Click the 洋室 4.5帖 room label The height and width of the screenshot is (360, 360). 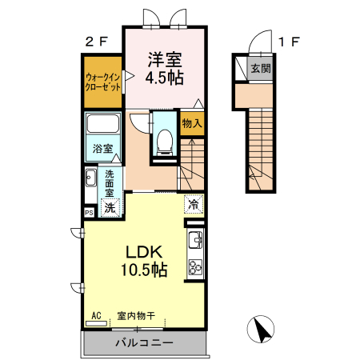165,69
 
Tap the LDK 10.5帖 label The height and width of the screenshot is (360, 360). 144,261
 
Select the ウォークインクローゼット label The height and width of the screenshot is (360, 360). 102,82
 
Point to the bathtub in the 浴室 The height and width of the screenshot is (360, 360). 102,124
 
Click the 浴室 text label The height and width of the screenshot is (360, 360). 102,149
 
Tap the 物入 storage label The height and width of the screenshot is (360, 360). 192,123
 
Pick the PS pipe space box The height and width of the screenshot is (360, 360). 89,213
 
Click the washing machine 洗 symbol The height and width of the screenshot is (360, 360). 110,207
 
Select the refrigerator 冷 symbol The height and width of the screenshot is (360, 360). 194,204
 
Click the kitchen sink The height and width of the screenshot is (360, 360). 195,240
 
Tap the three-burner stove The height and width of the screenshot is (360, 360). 195,267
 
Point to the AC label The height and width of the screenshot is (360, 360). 96,316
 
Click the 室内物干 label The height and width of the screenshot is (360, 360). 136,316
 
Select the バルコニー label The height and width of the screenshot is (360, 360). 144,342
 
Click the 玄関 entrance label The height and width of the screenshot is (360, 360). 261,69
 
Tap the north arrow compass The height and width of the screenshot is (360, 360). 261,329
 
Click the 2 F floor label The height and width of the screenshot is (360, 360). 97,42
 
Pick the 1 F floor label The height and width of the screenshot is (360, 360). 289,42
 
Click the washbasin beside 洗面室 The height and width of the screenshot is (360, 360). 91,178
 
